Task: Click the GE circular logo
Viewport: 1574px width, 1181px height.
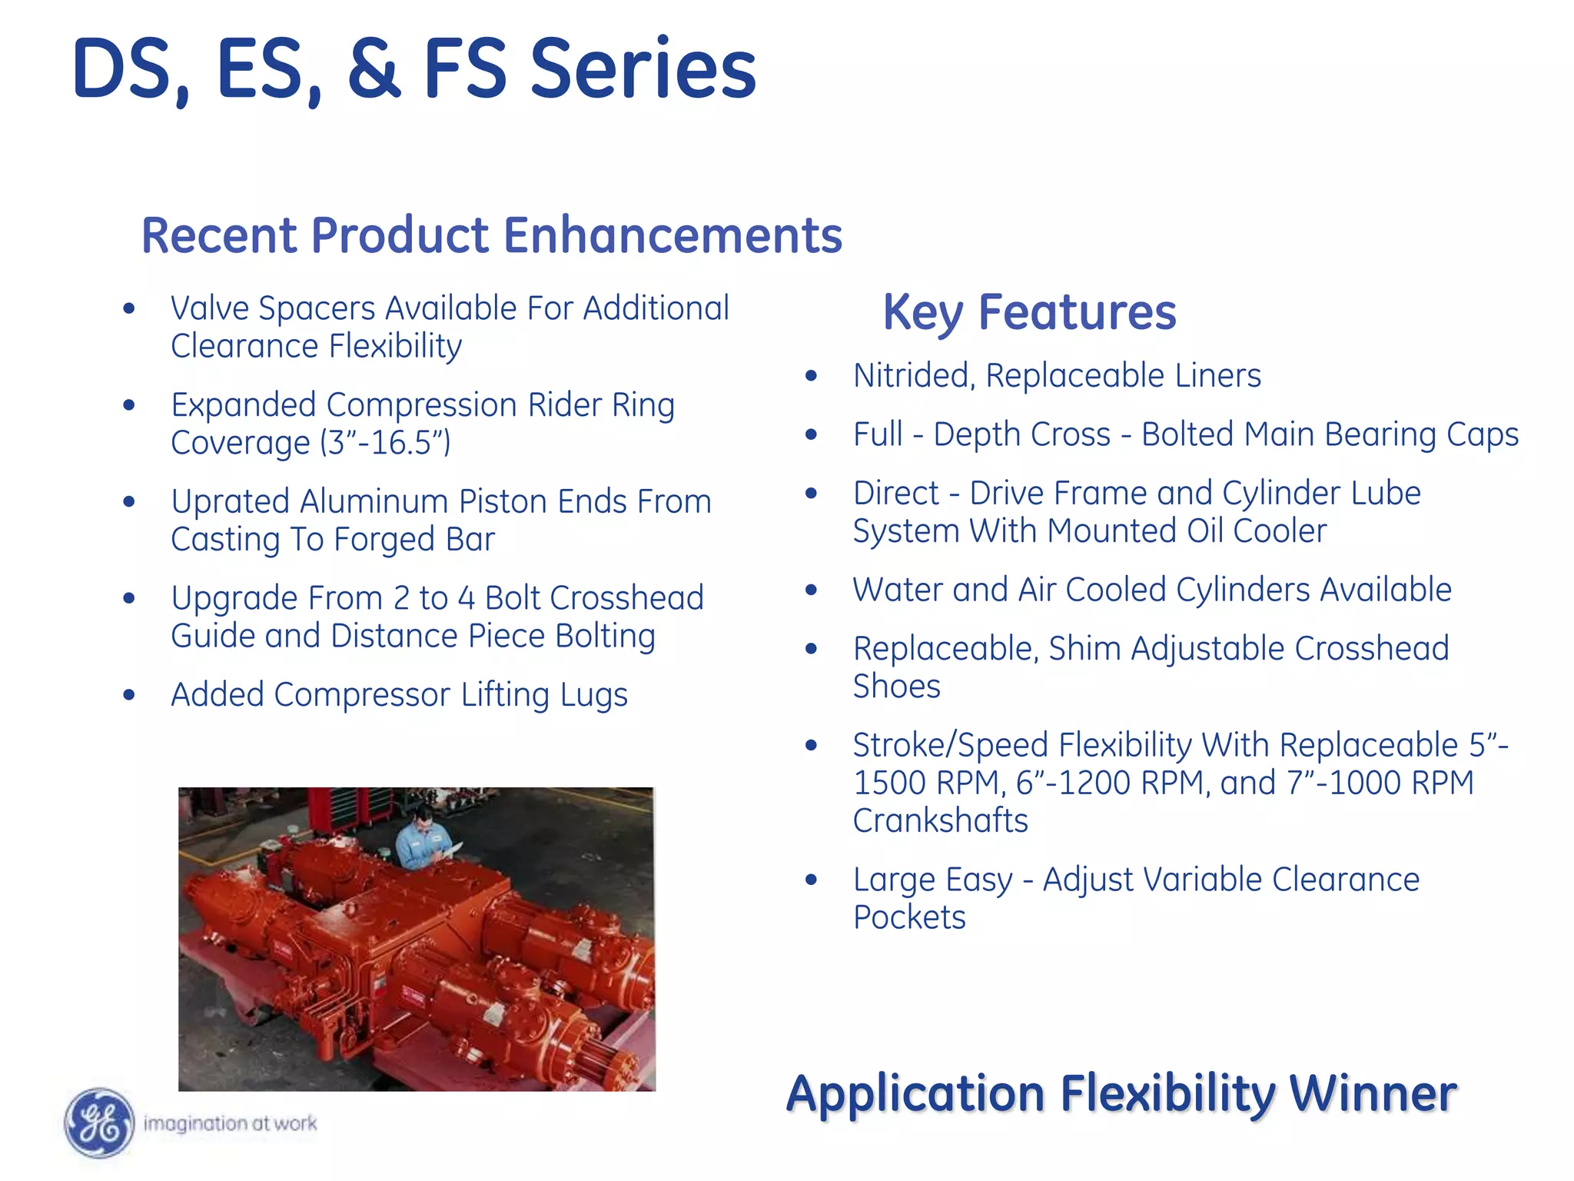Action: pos(98,1123)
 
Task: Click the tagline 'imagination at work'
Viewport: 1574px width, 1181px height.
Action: pos(230,1123)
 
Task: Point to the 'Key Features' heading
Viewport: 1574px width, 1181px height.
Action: pos(1029,312)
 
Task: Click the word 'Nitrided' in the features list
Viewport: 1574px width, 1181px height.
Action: pos(912,376)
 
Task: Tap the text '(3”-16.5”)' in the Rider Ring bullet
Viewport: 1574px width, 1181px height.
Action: pos(385,443)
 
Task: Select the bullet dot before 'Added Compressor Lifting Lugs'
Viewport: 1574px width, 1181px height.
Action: pos(129,695)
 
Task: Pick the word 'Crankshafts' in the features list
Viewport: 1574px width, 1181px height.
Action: pos(940,820)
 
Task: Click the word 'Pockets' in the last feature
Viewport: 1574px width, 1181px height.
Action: pos(909,917)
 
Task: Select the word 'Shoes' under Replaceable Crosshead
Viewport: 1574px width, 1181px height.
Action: pos(896,686)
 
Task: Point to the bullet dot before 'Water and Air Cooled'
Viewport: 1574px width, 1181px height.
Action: pos(812,590)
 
